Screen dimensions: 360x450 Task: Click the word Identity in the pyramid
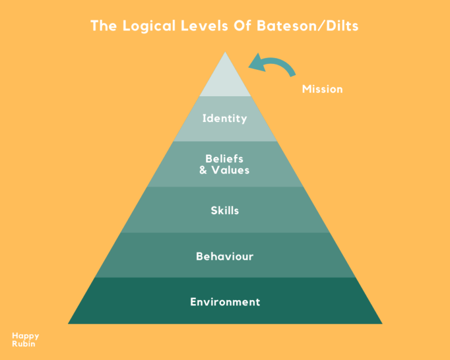[x=224, y=118]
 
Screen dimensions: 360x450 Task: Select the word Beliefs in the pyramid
[x=224, y=158]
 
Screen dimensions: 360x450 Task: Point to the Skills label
[x=225, y=210]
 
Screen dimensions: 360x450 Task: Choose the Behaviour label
[x=224, y=256]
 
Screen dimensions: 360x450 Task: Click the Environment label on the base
[x=225, y=302]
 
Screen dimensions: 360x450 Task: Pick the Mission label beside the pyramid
[x=322, y=90]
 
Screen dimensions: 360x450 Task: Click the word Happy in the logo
[x=25, y=336]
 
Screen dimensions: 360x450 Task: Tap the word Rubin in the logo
[x=23, y=344]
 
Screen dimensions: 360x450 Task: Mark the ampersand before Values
[x=203, y=170]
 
